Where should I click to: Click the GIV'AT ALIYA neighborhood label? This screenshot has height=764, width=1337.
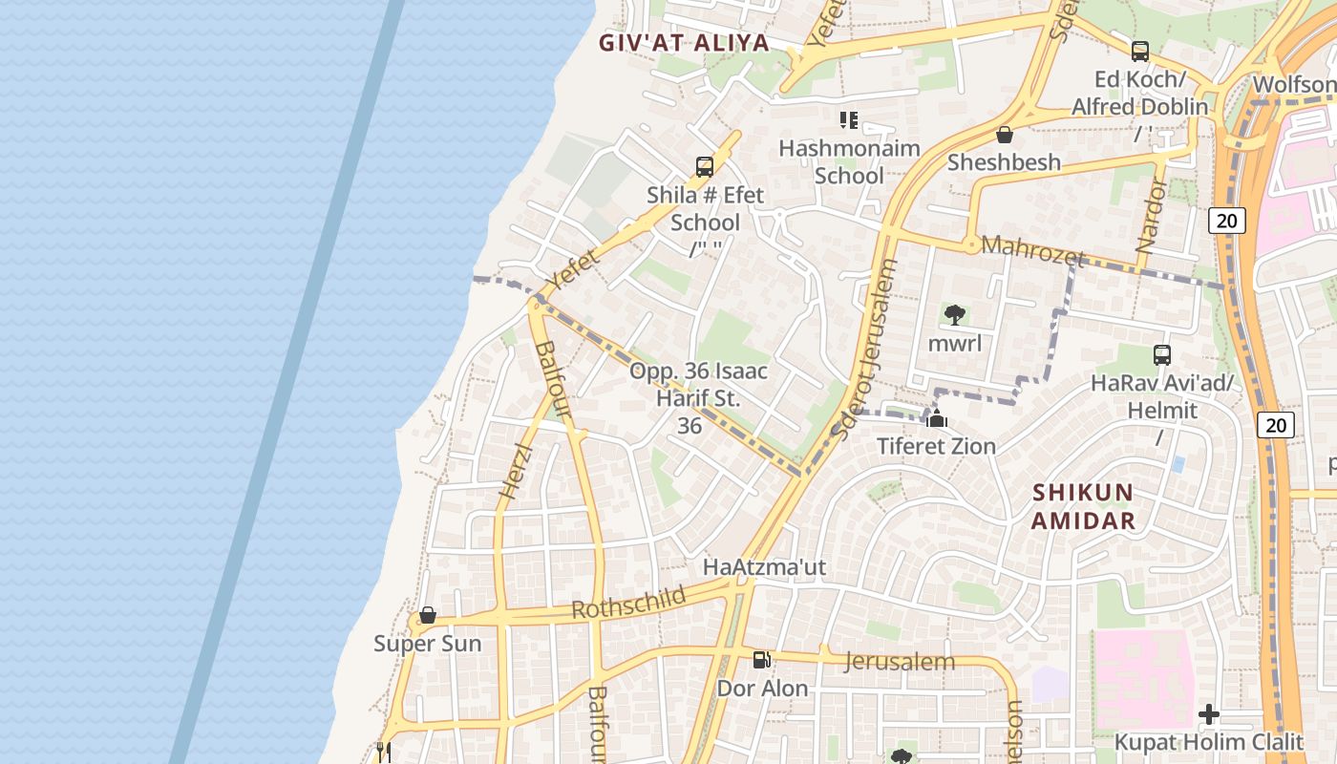[x=684, y=43]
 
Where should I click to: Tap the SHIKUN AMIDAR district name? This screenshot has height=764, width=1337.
[x=1083, y=507]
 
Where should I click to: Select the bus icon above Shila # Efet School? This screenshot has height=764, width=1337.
[x=705, y=167]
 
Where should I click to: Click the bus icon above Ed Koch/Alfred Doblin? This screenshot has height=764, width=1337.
[x=1139, y=52]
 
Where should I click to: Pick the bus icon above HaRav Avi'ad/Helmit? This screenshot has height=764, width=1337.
[x=1162, y=355]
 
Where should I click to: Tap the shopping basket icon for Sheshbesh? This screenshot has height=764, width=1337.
[x=1004, y=135]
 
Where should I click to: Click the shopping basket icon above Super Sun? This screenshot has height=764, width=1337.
[x=428, y=615]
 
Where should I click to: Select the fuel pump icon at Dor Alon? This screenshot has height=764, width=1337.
[x=761, y=660]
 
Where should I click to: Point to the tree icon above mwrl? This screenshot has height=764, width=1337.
[x=954, y=314]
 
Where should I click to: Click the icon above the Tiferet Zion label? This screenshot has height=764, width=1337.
[x=937, y=418]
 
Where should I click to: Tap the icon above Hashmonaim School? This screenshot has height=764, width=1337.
[x=848, y=120]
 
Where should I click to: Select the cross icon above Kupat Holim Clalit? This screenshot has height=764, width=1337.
[x=1209, y=714]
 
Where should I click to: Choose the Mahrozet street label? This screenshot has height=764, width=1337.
[x=1033, y=251]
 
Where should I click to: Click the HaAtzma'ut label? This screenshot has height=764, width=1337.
[x=764, y=567]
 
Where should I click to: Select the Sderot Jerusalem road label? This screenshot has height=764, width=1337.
[x=865, y=350]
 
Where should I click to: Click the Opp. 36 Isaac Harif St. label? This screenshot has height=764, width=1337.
[x=698, y=384]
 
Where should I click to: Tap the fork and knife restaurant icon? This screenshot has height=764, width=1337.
[x=383, y=752]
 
